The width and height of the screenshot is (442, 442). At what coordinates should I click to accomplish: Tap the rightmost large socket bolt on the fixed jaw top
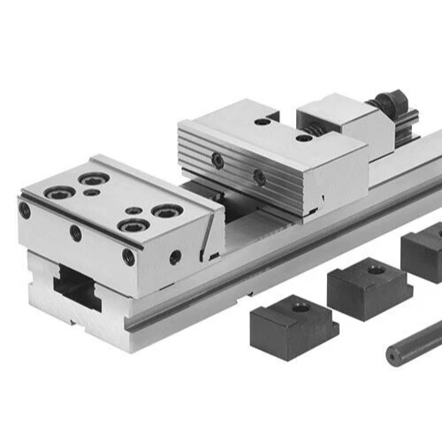[165, 211]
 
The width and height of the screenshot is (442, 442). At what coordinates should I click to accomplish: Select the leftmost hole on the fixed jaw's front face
[25, 211]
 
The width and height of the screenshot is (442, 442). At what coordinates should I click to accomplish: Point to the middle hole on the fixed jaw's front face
[76, 234]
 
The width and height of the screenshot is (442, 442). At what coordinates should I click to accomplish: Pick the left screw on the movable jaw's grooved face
[217, 160]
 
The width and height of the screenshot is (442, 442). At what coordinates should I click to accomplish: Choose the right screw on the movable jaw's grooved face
[259, 177]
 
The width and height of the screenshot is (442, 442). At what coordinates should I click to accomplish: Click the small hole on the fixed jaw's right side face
[175, 257]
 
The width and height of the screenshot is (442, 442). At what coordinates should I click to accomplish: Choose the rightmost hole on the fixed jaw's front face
[129, 257]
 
